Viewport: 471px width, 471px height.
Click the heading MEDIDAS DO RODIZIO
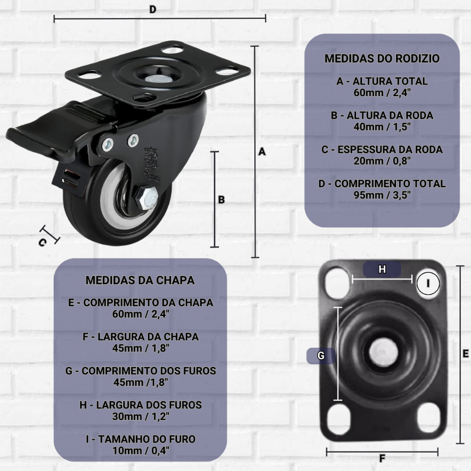click(382, 58)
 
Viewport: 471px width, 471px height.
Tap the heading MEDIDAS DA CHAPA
click(140, 280)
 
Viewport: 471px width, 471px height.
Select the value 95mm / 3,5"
click(382, 195)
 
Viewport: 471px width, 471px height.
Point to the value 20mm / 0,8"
click(382, 161)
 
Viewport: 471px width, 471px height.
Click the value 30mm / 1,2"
click(141, 416)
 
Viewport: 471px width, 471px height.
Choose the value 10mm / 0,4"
click(141, 450)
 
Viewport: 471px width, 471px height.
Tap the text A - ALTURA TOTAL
click(382, 81)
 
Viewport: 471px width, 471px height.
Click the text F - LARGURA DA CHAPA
click(141, 337)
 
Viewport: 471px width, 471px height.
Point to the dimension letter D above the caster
click(153, 9)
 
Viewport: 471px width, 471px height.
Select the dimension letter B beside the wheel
click(221, 200)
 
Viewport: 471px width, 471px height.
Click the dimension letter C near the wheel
click(42, 243)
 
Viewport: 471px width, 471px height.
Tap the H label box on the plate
click(382, 269)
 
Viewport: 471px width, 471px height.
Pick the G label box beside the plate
click(321, 356)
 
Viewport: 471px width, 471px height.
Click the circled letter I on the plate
click(428, 283)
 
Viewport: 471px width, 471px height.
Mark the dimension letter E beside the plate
click(465, 354)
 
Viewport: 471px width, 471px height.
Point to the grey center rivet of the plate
click(383, 352)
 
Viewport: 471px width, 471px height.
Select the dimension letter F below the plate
click(382, 459)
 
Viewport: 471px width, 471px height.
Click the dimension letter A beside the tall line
click(262, 152)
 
